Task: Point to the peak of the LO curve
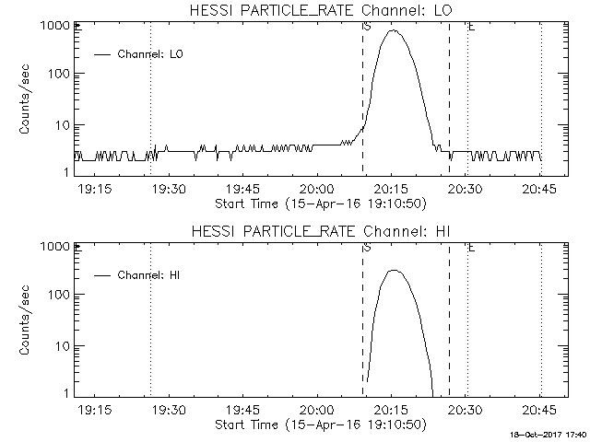(395, 30)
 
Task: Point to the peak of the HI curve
(395, 270)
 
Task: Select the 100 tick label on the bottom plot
(56, 295)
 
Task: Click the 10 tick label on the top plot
(59, 124)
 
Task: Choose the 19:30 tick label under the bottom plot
(168, 410)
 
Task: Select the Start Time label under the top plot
(319, 203)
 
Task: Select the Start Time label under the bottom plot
(319, 425)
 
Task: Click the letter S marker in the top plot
(367, 27)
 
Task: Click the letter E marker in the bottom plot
(471, 248)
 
